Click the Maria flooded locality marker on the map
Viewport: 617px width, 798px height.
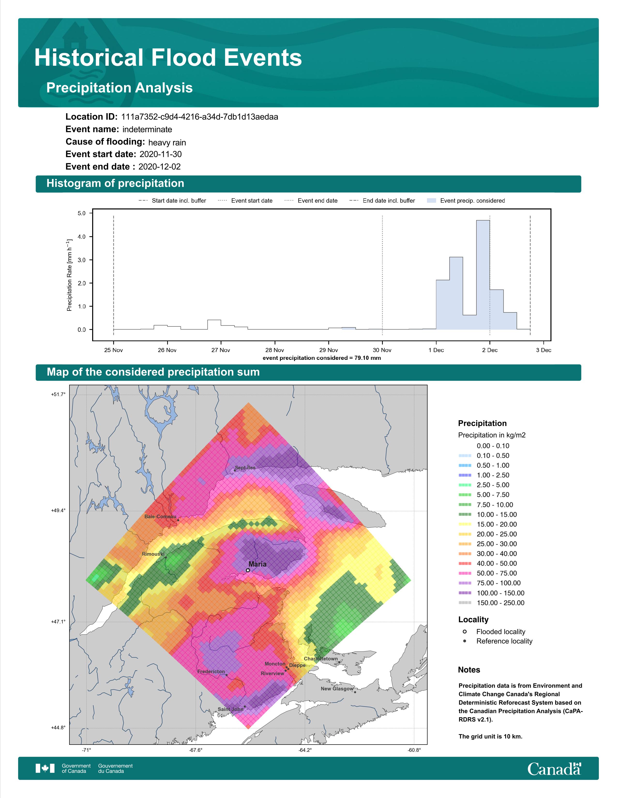[248, 570]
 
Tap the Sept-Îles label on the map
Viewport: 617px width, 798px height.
[245, 467]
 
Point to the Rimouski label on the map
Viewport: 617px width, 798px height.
[153, 554]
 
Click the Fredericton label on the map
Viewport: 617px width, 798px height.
[211, 672]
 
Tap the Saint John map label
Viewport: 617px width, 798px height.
[230, 709]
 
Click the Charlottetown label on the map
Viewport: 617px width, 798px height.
[321, 659]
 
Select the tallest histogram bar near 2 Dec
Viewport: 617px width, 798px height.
[483, 275]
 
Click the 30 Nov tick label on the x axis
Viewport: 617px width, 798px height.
[382, 350]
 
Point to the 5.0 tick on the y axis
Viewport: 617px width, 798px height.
[82, 213]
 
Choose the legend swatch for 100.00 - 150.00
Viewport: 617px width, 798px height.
[465, 593]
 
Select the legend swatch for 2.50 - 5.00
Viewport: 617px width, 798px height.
[465, 485]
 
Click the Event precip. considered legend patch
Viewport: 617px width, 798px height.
[431, 201]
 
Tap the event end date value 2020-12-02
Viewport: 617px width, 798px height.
[159, 167]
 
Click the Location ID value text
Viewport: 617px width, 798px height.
[200, 117]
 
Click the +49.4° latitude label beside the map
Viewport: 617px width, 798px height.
[58, 510]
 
